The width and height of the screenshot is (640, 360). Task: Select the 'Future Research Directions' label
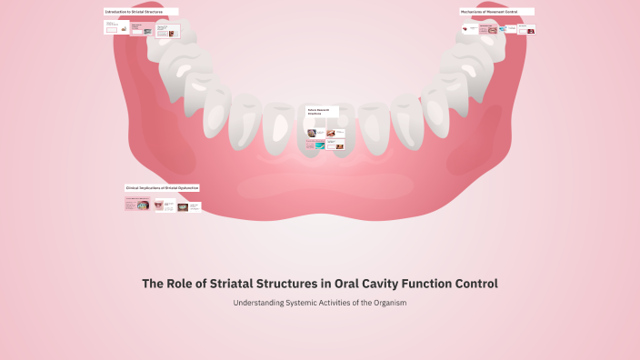321,111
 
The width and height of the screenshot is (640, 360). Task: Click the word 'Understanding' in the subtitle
258,303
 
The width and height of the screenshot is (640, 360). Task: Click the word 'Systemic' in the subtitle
305,303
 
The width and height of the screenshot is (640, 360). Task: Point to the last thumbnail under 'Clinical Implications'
195,207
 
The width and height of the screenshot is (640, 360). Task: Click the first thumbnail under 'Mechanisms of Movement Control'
469,29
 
